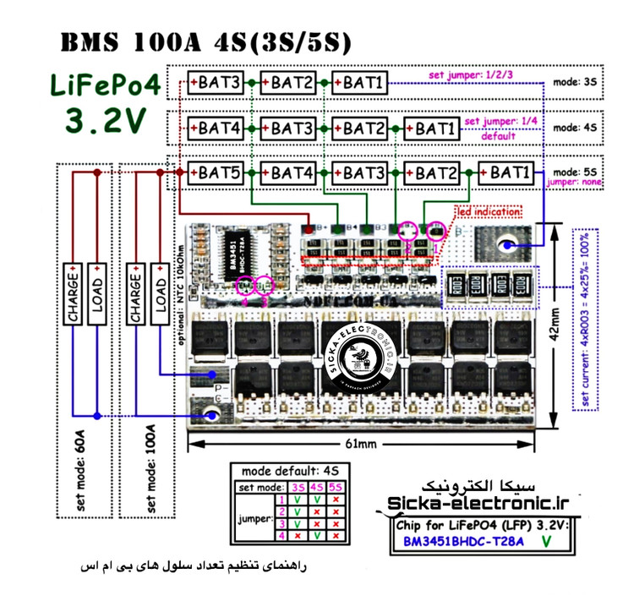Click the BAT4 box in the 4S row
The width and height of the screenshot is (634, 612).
point(219,128)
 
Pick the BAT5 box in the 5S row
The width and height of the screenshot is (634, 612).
point(219,173)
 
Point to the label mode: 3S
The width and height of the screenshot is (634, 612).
point(575,83)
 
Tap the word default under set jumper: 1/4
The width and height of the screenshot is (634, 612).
point(499,135)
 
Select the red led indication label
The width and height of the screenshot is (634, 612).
point(489,211)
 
